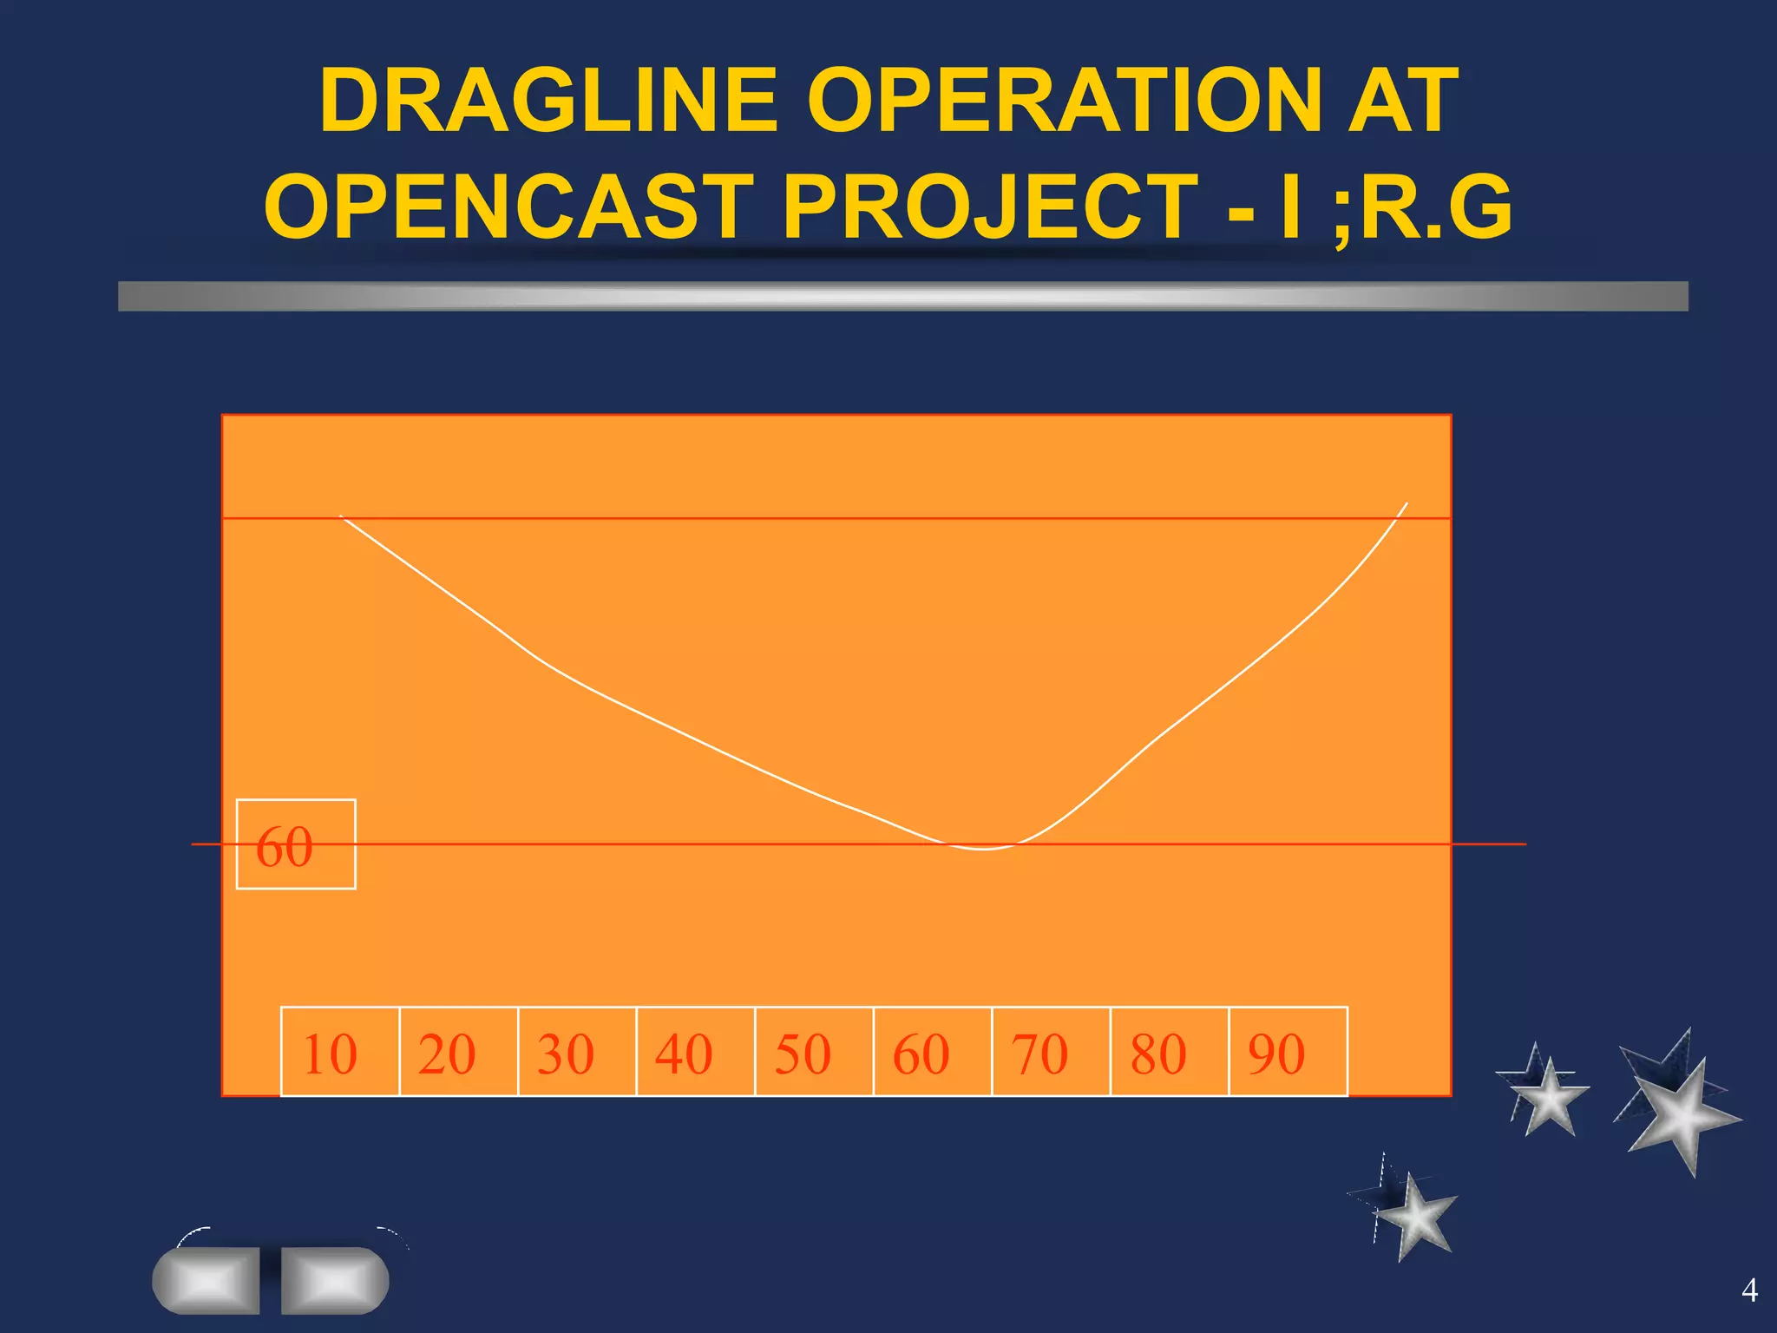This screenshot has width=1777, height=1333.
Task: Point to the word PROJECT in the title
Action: click(x=991, y=207)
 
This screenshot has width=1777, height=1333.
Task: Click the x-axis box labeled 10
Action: click(x=339, y=1052)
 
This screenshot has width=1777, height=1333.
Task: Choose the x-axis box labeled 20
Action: click(x=458, y=1052)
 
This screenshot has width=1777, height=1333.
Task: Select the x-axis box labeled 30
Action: click(x=577, y=1052)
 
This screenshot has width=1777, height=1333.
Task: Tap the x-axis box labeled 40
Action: click(x=695, y=1052)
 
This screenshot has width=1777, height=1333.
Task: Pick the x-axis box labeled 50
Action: click(x=814, y=1052)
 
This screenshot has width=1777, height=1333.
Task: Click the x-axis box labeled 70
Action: click(x=1051, y=1052)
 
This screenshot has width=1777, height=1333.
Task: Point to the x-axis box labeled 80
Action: click(x=1170, y=1052)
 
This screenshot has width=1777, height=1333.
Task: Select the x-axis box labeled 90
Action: click(x=1288, y=1052)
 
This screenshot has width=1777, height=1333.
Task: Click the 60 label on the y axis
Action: click(x=295, y=844)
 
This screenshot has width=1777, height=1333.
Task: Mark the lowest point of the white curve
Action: click(x=985, y=849)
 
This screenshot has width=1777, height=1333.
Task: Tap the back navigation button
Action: click(x=207, y=1280)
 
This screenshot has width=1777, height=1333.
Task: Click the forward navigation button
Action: click(x=335, y=1280)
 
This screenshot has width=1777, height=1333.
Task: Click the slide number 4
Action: click(x=1749, y=1290)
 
